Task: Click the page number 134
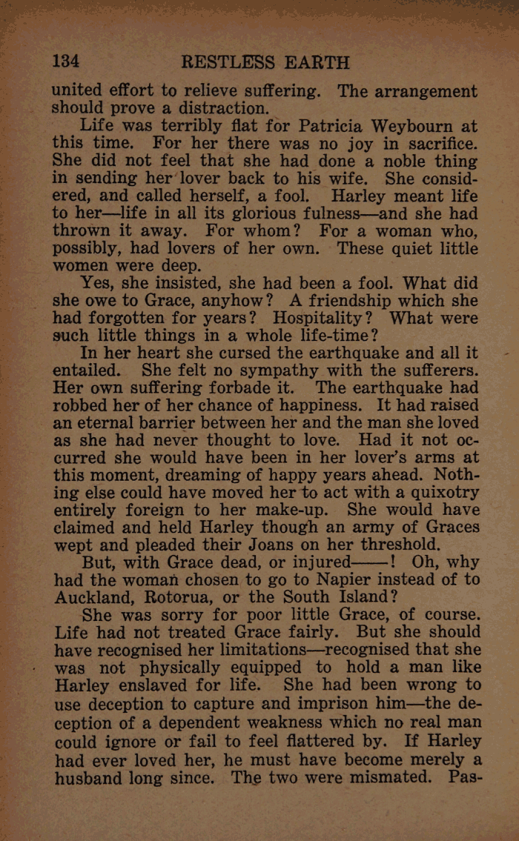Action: pyautogui.click(x=65, y=61)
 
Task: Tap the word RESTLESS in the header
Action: pyautogui.click(x=228, y=61)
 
